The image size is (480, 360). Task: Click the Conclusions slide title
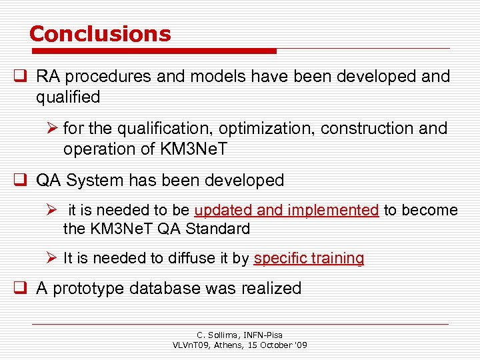click(100, 33)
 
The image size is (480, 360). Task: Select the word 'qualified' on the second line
click(68, 97)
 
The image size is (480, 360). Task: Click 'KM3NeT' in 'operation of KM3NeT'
click(193, 149)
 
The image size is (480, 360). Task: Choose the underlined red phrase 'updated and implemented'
click(287, 211)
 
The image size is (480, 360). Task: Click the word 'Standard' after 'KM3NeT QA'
click(217, 229)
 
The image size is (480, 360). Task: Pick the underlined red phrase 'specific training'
click(309, 259)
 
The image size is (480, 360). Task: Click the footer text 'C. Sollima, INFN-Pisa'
click(240, 335)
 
